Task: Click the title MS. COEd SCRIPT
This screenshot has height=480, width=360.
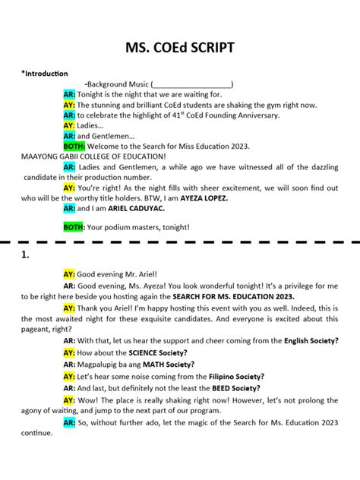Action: click(180, 48)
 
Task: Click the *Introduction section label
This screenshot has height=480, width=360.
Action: click(45, 74)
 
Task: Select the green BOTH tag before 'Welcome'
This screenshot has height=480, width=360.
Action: click(74, 145)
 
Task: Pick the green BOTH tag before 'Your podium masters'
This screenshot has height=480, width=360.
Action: click(74, 226)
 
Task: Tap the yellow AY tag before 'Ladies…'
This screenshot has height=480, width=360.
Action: click(69, 125)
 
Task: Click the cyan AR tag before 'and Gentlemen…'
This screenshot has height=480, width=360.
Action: click(69, 135)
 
